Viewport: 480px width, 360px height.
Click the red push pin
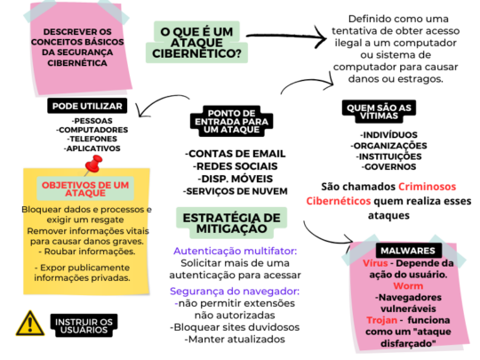[93, 164]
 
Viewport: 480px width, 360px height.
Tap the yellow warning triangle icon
[30, 324]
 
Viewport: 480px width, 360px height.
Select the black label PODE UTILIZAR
[87, 106]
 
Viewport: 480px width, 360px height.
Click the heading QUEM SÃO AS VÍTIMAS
[379, 112]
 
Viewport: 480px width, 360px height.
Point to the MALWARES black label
[408, 251]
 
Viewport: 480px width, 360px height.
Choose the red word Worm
[408, 286]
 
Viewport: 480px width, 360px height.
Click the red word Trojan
[381, 320]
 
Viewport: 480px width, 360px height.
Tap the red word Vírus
[375, 263]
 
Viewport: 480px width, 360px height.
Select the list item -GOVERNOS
[388, 167]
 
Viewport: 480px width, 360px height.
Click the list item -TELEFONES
[92, 139]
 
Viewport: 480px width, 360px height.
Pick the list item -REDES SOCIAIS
[235, 166]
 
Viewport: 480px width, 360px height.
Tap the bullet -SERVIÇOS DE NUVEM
[235, 191]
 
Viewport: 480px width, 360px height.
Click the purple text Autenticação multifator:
[235, 251]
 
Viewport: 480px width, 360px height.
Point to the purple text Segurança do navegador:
[235, 292]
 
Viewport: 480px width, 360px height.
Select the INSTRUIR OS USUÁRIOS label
[84, 325]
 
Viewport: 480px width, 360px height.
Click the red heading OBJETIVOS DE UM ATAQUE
[85, 188]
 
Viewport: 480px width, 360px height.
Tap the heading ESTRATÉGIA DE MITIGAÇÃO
[232, 223]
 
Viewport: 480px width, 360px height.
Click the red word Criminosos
[427, 187]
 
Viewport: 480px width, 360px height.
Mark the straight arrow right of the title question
[286, 36]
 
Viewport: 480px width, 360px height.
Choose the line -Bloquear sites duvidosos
[235, 327]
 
